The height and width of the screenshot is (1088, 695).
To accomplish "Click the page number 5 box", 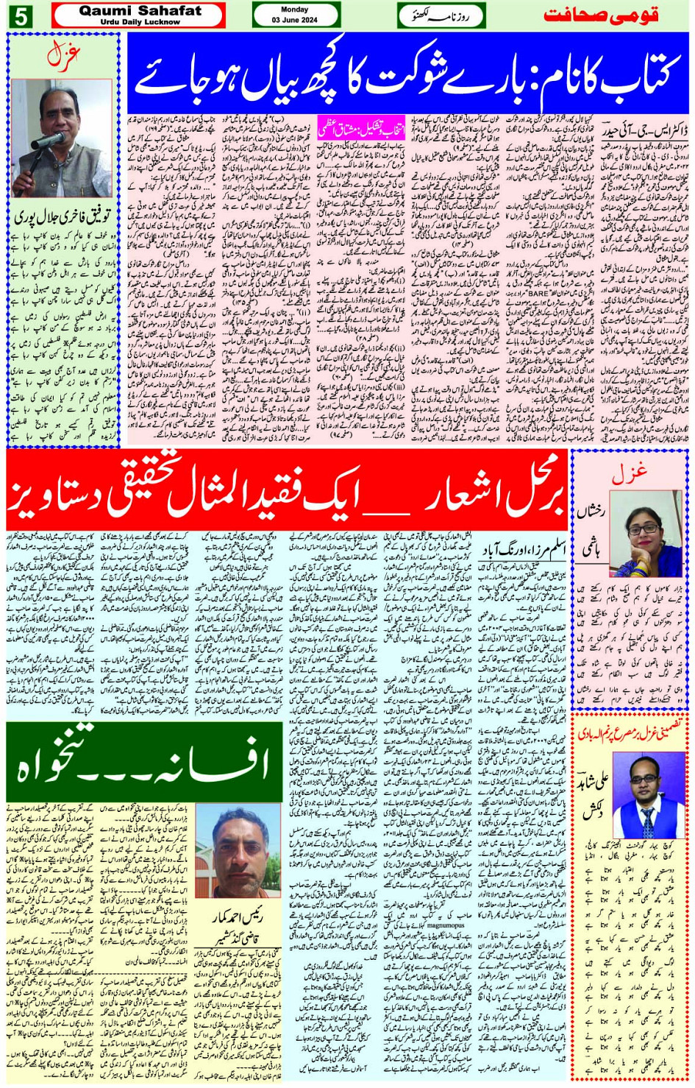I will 21,15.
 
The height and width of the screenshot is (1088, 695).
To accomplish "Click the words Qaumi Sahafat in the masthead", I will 139,11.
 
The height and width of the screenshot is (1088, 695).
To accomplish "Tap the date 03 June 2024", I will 295,20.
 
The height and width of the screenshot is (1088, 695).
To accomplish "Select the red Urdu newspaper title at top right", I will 602,15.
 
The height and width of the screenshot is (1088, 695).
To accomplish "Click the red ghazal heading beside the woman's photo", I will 629,473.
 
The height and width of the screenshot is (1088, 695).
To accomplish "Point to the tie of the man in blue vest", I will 646,819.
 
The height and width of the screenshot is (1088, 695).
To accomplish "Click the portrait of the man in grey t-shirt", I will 246,853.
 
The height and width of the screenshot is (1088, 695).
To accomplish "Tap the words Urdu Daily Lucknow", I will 140,22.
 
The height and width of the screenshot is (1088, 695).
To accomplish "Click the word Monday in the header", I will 295,10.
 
